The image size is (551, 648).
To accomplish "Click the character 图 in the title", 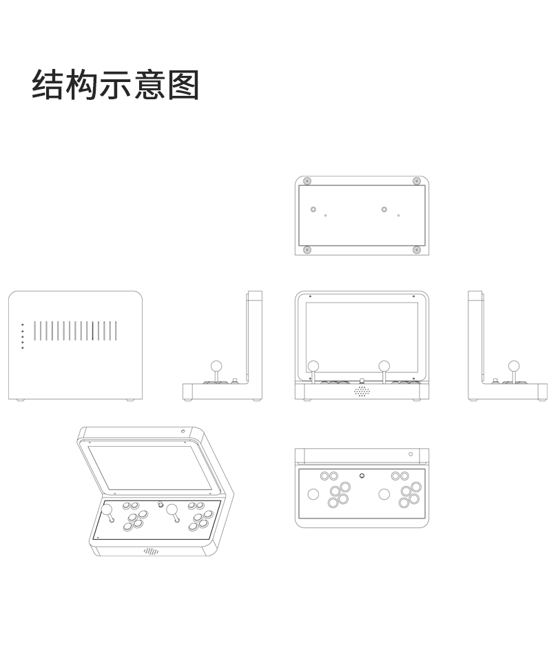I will click(183, 85).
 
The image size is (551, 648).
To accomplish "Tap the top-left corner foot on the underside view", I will click(307, 181).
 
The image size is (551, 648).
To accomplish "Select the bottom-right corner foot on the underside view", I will click(416, 250).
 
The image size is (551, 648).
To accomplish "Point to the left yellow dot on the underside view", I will click(326, 216).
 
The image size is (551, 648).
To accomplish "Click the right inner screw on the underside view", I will click(384, 209).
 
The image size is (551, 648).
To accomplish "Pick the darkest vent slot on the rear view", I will click(92, 331).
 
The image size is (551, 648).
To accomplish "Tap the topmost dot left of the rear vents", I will click(23, 325).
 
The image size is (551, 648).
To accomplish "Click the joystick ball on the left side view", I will click(215, 365).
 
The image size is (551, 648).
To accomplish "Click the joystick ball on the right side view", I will click(514, 365).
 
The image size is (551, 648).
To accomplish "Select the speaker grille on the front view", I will click(362, 391).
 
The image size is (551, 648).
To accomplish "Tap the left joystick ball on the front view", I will click(313, 365).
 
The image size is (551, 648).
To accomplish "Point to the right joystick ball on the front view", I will click(384, 365).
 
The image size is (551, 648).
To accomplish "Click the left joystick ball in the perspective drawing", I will click(107, 511).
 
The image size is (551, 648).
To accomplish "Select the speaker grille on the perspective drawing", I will click(152, 551).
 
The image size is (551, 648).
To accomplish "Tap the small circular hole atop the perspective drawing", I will click(183, 432).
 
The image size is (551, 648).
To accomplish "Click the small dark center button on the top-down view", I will click(362, 476).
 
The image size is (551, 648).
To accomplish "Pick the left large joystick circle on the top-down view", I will click(313, 494).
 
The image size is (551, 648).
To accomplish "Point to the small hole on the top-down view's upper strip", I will click(410, 454).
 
